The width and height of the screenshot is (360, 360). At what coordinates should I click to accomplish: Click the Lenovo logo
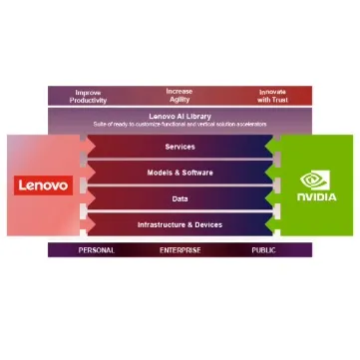(x=43, y=185)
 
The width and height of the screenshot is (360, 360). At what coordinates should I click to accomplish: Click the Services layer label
(x=180, y=147)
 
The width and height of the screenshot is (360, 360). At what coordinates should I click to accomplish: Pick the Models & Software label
(x=180, y=173)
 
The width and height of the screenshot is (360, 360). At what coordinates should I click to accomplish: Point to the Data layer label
(x=180, y=198)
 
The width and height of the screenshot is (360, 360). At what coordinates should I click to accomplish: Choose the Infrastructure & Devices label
(x=180, y=224)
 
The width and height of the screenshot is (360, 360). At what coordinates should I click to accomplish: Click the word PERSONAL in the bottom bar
(x=96, y=249)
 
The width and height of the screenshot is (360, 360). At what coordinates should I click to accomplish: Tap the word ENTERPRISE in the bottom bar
(x=180, y=249)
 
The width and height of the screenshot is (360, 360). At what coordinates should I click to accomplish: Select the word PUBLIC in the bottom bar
(x=264, y=249)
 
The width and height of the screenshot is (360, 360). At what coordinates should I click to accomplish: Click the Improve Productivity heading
(x=88, y=96)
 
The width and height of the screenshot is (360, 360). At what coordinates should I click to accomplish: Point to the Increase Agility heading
(x=180, y=95)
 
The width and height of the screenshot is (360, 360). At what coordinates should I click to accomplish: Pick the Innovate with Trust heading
(x=271, y=96)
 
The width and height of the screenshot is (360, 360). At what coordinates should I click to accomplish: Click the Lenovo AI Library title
(x=180, y=115)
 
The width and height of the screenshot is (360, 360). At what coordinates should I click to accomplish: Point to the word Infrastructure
(x=164, y=224)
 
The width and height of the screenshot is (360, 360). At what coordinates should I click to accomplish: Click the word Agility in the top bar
(x=180, y=100)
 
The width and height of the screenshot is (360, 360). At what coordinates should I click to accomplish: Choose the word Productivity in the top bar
(x=88, y=100)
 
